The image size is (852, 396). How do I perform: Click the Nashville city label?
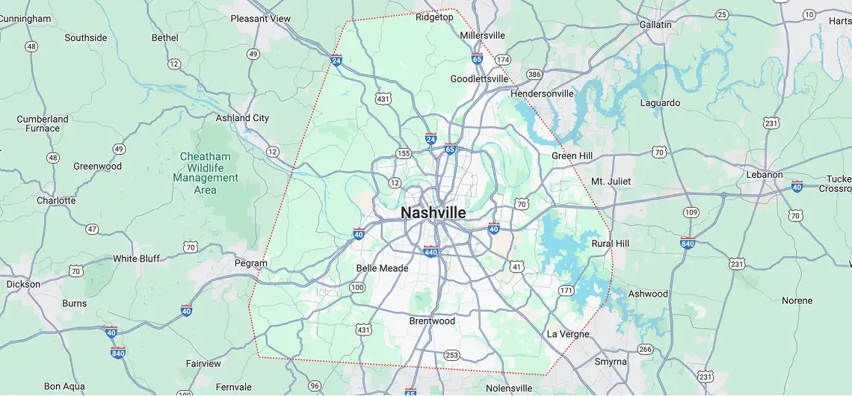click(x=433, y=213)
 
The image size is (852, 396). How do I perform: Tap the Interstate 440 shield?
click(x=431, y=251)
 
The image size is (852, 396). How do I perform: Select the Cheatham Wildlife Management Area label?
click(x=206, y=173)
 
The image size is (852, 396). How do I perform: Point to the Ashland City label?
click(x=242, y=118)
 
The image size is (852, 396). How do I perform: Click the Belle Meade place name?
click(x=382, y=268)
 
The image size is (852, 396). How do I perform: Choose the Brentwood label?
click(x=432, y=321)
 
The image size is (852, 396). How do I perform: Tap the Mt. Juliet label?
click(x=611, y=182)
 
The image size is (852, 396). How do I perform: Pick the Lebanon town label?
click(x=765, y=175)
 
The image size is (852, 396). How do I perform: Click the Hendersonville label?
click(x=542, y=94)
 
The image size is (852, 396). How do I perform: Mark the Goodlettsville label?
click(x=479, y=79)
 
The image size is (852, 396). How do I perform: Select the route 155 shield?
click(x=404, y=154)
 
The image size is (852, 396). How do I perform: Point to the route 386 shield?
click(x=534, y=75)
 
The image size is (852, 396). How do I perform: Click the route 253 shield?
click(x=451, y=355)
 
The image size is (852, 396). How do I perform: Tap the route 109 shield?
click(x=691, y=213)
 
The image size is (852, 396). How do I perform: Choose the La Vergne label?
click(x=568, y=334)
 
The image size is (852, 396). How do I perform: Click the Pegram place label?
click(x=250, y=263)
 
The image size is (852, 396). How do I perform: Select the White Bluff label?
click(x=136, y=259)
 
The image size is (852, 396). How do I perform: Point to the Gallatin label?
click(x=655, y=25)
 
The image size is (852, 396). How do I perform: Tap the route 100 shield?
click(x=357, y=288)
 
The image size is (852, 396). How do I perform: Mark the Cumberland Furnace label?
click(x=43, y=123)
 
